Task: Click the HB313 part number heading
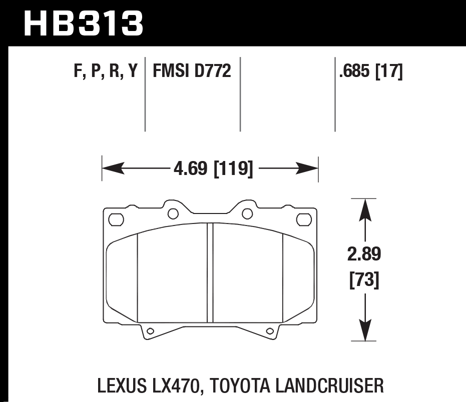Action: pos(84,24)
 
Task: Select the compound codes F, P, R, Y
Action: pos(106,71)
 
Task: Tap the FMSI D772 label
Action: pos(192,70)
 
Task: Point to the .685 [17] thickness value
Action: pos(371,71)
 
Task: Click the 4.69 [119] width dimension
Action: pos(213,168)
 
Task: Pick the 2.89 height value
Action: pos(364,254)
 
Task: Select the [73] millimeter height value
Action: pos(364,279)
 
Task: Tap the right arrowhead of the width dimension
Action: pos(307,168)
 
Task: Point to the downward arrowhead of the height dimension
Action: pos(365,330)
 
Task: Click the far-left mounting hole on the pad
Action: pos(116,219)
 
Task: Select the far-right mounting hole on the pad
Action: pos(304,219)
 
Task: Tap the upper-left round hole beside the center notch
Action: pos(173,214)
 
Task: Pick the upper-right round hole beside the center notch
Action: pos(247,214)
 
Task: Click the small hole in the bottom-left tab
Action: pos(150,331)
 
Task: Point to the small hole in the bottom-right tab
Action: pos(270,331)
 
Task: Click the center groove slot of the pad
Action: pos(210,272)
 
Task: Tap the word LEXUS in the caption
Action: pos(122,385)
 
